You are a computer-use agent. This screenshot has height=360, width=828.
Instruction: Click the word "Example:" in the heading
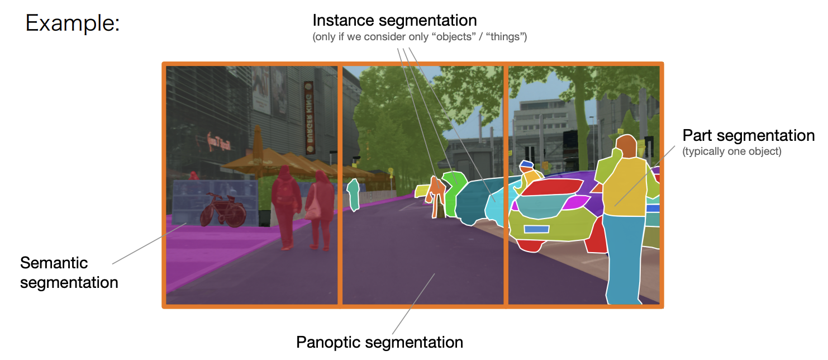click(73, 23)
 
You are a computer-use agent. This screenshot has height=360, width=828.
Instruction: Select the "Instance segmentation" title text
click(394, 21)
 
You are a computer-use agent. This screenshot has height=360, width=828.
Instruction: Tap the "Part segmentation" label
click(748, 135)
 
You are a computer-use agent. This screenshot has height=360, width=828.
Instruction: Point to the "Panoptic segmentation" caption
click(379, 342)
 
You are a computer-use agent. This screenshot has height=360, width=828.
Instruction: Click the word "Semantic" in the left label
click(54, 263)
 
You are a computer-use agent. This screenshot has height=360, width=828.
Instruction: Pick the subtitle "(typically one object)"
click(732, 151)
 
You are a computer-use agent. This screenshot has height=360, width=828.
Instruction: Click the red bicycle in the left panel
click(223, 210)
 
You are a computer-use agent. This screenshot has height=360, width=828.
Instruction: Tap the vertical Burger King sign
click(310, 117)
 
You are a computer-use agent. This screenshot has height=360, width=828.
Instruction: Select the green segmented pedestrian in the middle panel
click(353, 195)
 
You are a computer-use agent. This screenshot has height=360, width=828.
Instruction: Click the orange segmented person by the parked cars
click(436, 197)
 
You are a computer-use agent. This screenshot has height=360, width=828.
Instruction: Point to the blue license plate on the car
click(536, 229)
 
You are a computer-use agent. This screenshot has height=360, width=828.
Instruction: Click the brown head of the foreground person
click(627, 146)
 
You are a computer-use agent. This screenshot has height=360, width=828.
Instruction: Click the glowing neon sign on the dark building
click(220, 143)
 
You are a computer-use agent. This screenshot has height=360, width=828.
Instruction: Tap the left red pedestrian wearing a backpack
click(287, 207)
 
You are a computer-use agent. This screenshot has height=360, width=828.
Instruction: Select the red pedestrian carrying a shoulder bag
click(320, 210)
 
